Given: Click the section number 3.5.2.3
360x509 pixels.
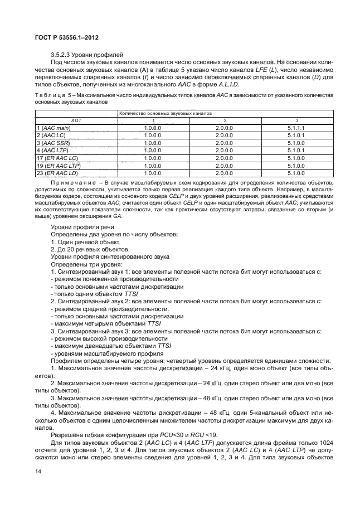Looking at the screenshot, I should point(61,55).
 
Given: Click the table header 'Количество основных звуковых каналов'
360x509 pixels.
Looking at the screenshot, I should point(166,113).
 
